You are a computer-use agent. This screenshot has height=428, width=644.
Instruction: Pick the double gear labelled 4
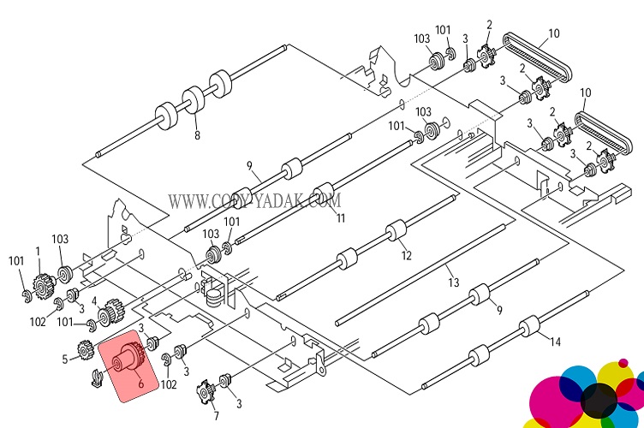coord(110,318)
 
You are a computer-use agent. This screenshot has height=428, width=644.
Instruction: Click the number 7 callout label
coord(216,416)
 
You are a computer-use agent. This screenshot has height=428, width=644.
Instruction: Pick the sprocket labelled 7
coord(206,393)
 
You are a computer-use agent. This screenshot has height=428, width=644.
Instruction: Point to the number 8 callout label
coord(197,135)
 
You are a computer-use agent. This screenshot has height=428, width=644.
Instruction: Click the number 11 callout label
coord(340,219)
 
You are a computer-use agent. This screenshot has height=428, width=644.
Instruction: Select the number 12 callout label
coord(407,255)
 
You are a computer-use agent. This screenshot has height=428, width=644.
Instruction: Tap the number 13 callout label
coord(453,282)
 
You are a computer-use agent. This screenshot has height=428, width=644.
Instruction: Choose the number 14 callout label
coord(555,342)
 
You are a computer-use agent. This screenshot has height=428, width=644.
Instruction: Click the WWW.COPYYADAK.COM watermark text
coord(254,201)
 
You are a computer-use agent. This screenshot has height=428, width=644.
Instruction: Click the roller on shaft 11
coord(323,191)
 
